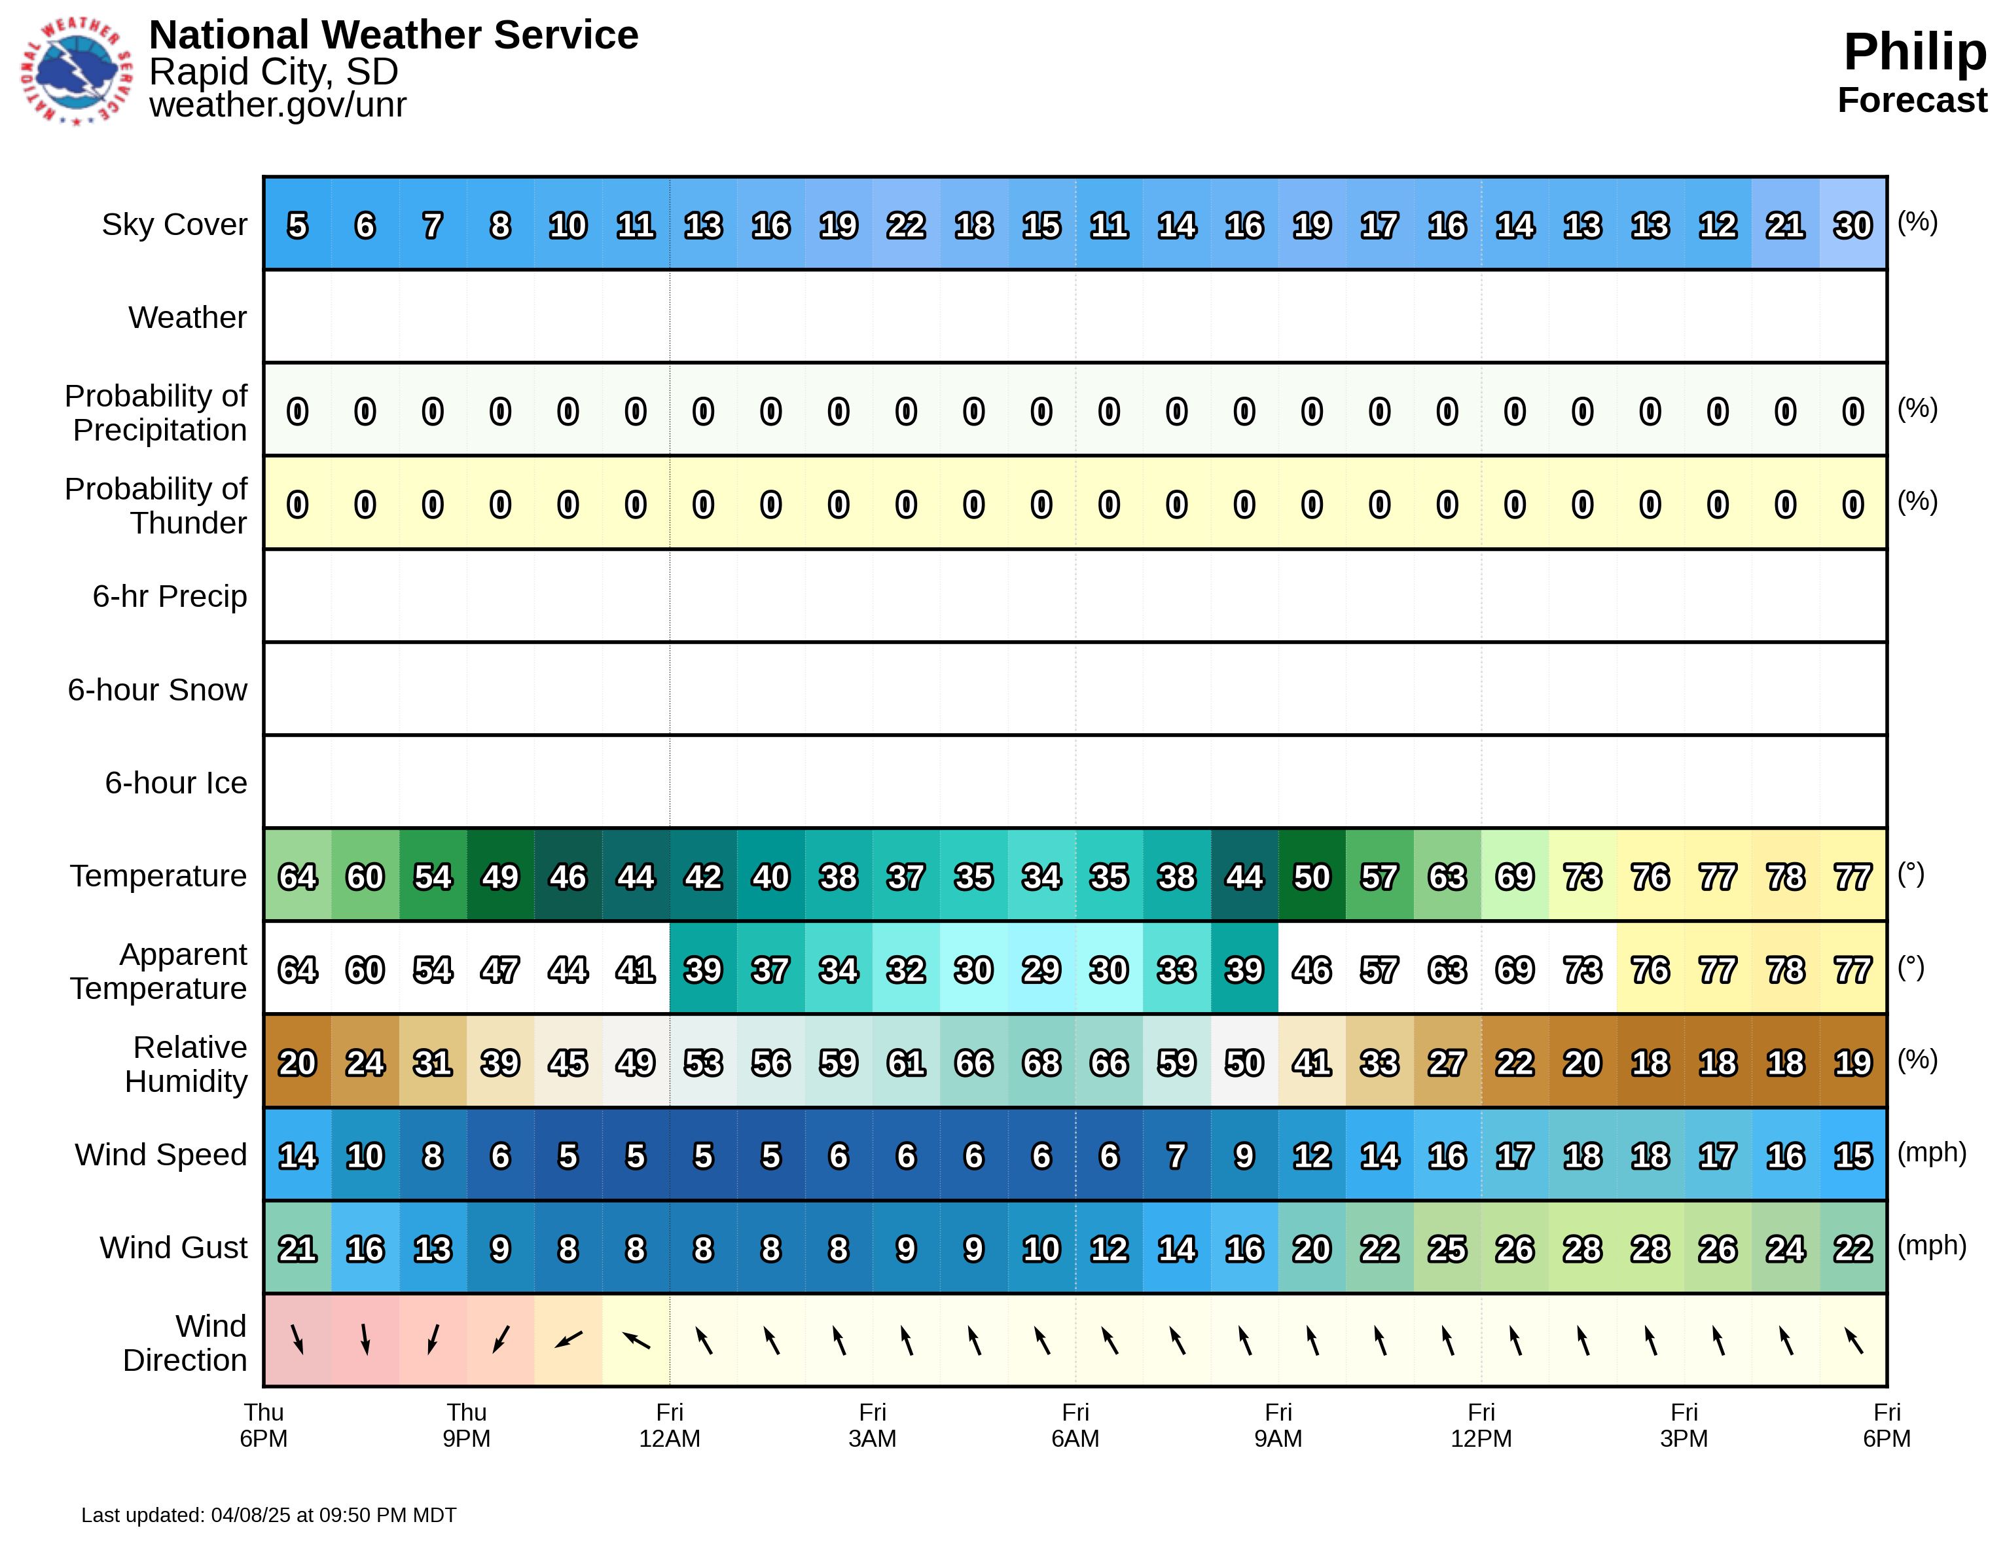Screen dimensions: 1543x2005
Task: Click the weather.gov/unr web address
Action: [x=278, y=105]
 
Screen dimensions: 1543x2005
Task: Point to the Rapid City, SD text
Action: [x=273, y=71]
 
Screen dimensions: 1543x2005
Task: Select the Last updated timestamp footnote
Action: [x=268, y=1515]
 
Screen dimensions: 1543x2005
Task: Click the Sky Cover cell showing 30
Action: [x=1852, y=225]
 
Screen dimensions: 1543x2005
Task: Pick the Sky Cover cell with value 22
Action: [x=906, y=225]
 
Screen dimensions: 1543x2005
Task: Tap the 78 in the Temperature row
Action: [x=1784, y=877]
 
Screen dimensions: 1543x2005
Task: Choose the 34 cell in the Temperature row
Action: [x=1041, y=877]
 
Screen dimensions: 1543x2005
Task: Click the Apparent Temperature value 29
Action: [x=1041, y=970]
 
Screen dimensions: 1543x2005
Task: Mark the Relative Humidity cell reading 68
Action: [x=1041, y=1063]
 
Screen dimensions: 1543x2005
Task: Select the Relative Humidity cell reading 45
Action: [x=568, y=1063]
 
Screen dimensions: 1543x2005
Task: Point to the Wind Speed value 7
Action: [x=1176, y=1155]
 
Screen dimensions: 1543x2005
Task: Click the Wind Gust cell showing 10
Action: [x=1041, y=1248]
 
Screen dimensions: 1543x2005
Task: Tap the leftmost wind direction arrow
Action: [x=297, y=1340]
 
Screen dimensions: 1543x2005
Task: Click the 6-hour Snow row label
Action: [x=157, y=689]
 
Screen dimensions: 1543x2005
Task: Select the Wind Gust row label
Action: [x=173, y=1248]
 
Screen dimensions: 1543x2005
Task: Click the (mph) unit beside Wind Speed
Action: [x=1932, y=1153]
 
